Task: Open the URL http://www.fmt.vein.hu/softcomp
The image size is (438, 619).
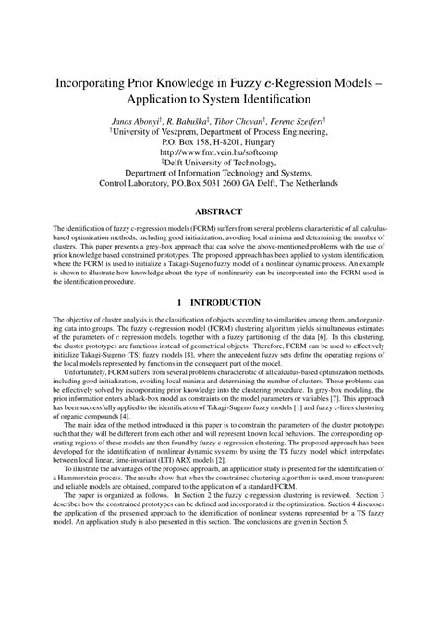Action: (x=219, y=156)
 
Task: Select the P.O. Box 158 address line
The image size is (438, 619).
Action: (x=219, y=144)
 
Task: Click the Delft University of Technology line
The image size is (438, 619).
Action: (x=219, y=169)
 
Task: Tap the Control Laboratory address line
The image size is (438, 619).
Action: (x=219, y=194)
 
